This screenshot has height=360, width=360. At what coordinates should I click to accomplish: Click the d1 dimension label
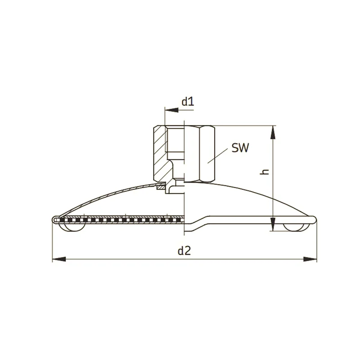[x=188, y=102]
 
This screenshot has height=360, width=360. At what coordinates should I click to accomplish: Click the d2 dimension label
[x=184, y=251]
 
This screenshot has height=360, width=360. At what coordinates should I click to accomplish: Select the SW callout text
[x=240, y=148]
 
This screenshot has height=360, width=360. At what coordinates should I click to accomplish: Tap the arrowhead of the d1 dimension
[x=171, y=110]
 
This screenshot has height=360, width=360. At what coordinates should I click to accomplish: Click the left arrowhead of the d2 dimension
[x=59, y=259]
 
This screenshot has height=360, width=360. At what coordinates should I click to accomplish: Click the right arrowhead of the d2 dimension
[x=310, y=259]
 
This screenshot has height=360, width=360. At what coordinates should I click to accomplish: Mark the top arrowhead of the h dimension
[x=273, y=132]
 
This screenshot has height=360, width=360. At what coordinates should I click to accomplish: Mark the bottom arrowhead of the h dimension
[x=273, y=224]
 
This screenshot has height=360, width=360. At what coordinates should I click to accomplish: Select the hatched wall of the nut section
[x=160, y=153]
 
